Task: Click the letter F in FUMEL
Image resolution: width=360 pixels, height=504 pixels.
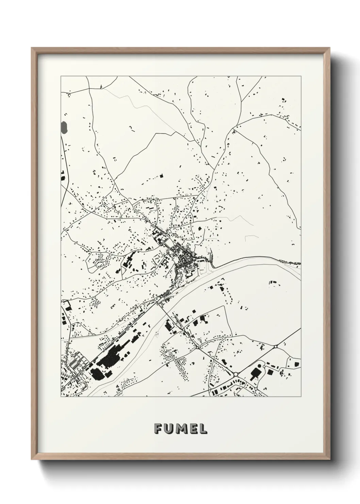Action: (x=158, y=428)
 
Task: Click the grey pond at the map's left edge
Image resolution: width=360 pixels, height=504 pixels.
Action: (x=64, y=128)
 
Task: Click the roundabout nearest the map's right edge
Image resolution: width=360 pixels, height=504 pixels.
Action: (x=275, y=347)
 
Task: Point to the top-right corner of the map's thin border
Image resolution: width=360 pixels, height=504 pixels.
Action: (x=301, y=76)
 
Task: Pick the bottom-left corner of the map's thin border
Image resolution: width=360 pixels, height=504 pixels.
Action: (x=61, y=397)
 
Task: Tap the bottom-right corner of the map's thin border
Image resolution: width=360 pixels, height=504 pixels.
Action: (x=301, y=397)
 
